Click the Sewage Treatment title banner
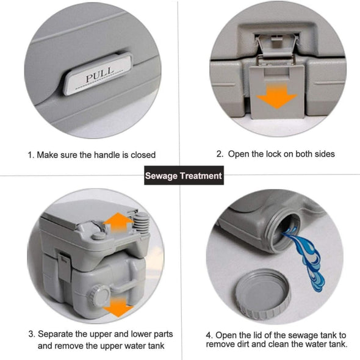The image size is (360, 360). [x=183, y=176]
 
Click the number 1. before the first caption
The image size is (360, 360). [x=31, y=155]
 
